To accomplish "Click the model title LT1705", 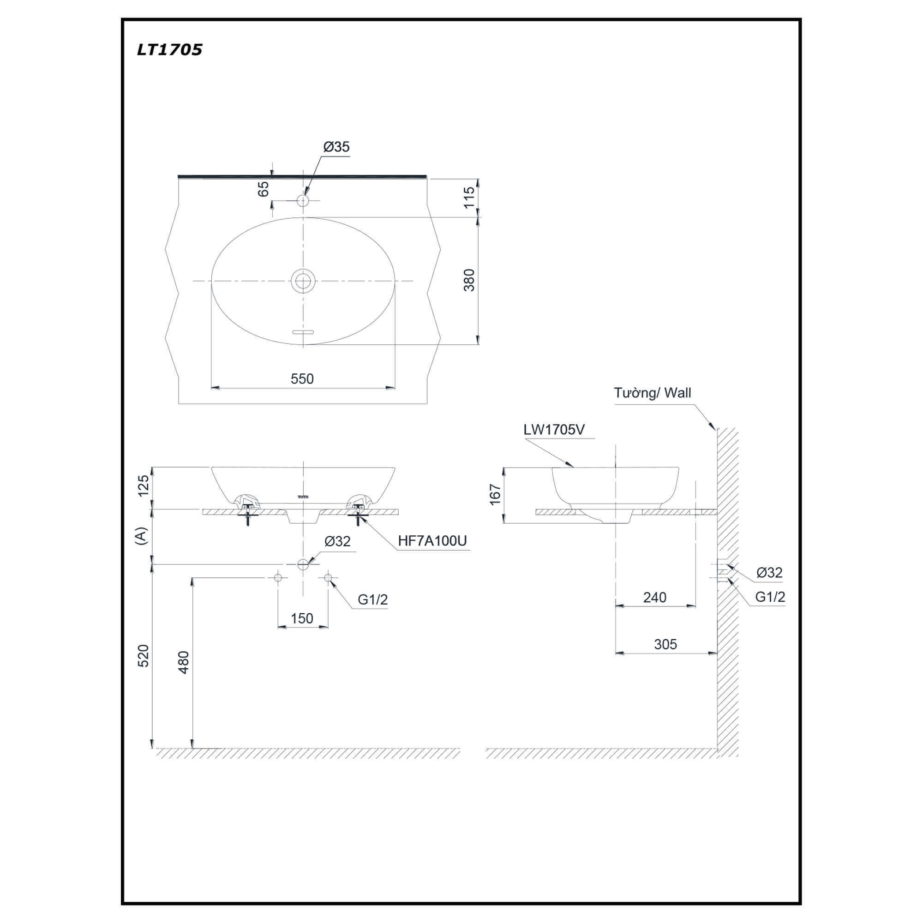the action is [x=169, y=50].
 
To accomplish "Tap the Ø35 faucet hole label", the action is [x=336, y=147].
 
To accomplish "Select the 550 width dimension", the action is [x=302, y=379].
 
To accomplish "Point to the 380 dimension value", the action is [x=469, y=281].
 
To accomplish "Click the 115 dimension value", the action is [x=469, y=198].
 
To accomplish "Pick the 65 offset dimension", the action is [x=263, y=189].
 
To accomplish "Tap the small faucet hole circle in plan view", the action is [x=303, y=200].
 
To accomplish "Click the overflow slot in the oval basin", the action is [x=303, y=331].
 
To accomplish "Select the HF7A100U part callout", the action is [x=432, y=540].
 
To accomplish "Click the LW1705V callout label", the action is [x=554, y=430].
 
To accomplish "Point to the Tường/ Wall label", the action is [x=653, y=393].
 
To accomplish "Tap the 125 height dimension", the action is [x=144, y=485].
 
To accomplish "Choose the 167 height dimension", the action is [x=495, y=494].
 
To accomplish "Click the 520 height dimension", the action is [x=144, y=656].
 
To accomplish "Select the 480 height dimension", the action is [x=184, y=662].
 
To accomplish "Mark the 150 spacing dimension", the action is [x=302, y=618].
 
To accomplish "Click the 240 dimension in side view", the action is [x=654, y=597].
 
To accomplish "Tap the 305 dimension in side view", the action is [x=665, y=644].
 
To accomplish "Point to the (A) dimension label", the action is [x=141, y=536].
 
